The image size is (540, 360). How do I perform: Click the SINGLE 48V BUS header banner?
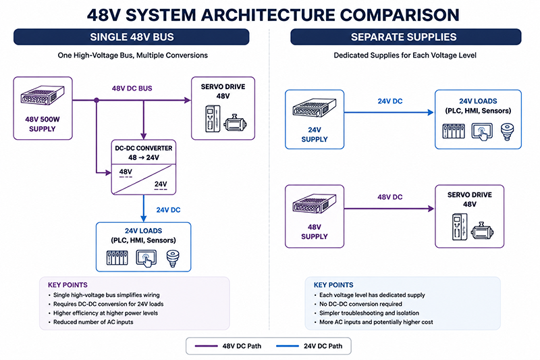pyautogui.click(x=131, y=37)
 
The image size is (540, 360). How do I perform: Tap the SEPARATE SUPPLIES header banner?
pyautogui.click(x=406, y=37)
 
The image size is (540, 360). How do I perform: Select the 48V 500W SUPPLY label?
pyautogui.click(x=43, y=124)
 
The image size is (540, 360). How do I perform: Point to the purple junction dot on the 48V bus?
pyautogui.click(x=97, y=100)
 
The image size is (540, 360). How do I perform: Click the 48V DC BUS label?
pyautogui.click(x=132, y=88)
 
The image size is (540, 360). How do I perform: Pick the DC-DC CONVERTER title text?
pyautogui.click(x=144, y=148)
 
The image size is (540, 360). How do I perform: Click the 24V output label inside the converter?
pyautogui.click(x=161, y=184)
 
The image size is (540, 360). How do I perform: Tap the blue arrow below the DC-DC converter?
pyautogui.click(x=144, y=209)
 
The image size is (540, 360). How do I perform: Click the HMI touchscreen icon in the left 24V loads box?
pyautogui.click(x=146, y=258)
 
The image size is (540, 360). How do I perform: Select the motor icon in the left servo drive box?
pyautogui.click(x=235, y=123)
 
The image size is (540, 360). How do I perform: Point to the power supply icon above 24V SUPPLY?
pyautogui.click(x=314, y=108)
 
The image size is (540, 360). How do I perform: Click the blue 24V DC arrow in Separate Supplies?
pyautogui.click(x=389, y=112)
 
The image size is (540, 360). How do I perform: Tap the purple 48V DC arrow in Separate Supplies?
pyautogui.click(x=389, y=209)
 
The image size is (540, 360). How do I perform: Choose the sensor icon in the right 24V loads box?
pyautogui.click(x=507, y=132)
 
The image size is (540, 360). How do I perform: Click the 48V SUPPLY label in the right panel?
pyautogui.click(x=315, y=232)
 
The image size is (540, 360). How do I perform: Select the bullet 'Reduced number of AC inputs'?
pyautogui.click(x=93, y=322)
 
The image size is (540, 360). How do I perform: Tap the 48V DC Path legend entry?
pyautogui.click(x=228, y=346)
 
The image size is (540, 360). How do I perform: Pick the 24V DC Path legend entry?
pyautogui.click(x=309, y=346)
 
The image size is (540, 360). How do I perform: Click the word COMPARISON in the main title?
pyautogui.click(x=400, y=15)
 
